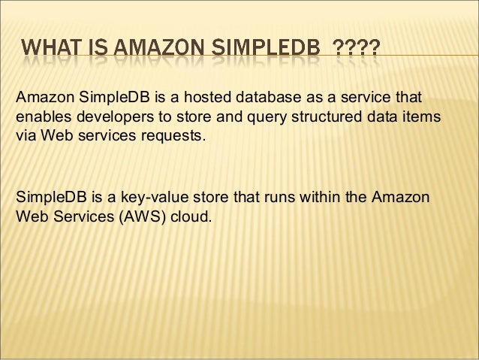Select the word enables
point(40,119)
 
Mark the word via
point(25,139)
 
